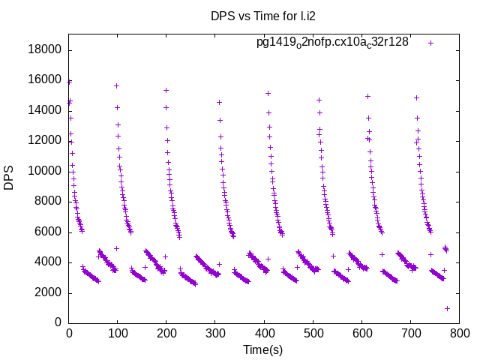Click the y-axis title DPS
tap(10, 178)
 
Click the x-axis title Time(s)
tap(262, 349)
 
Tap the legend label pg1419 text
tap(332, 42)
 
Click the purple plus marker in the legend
tap(430, 43)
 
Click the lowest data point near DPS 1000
tap(447, 308)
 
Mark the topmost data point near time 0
tap(69, 81)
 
